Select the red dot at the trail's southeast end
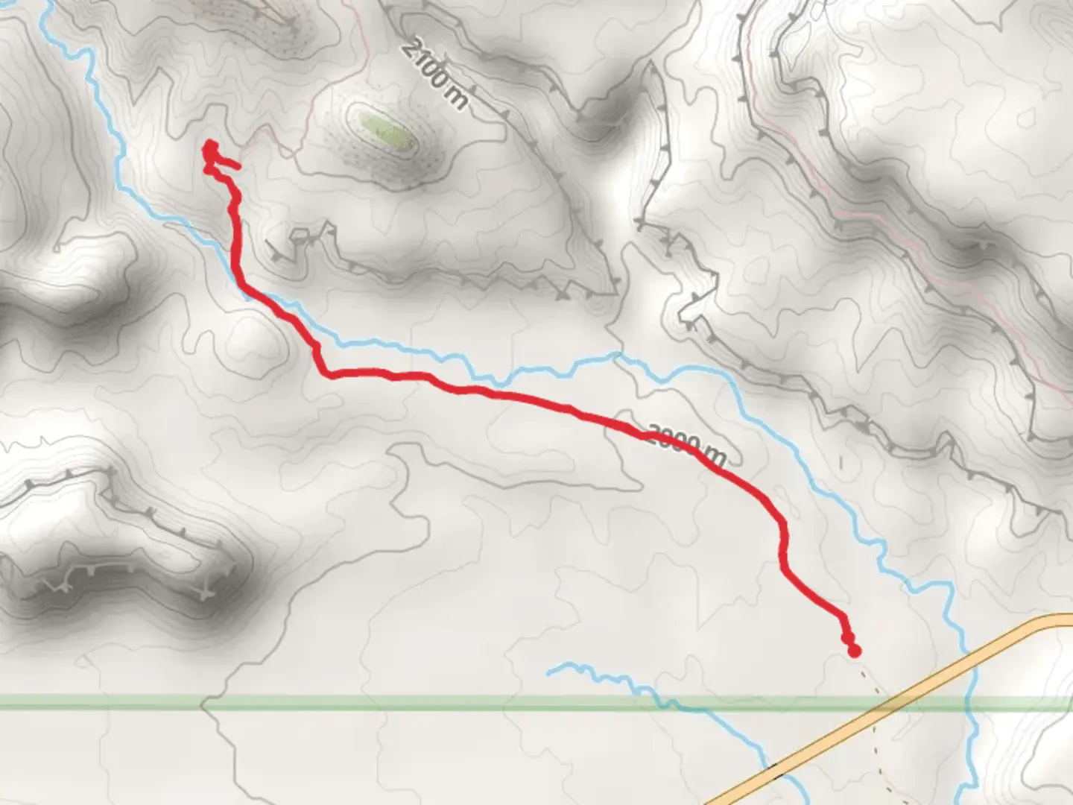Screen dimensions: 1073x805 click(854, 651)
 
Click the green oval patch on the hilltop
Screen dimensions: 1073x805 click(386, 130)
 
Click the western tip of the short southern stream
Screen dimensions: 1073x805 click(549, 672)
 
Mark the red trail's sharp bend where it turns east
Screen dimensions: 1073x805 click(325, 373)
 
